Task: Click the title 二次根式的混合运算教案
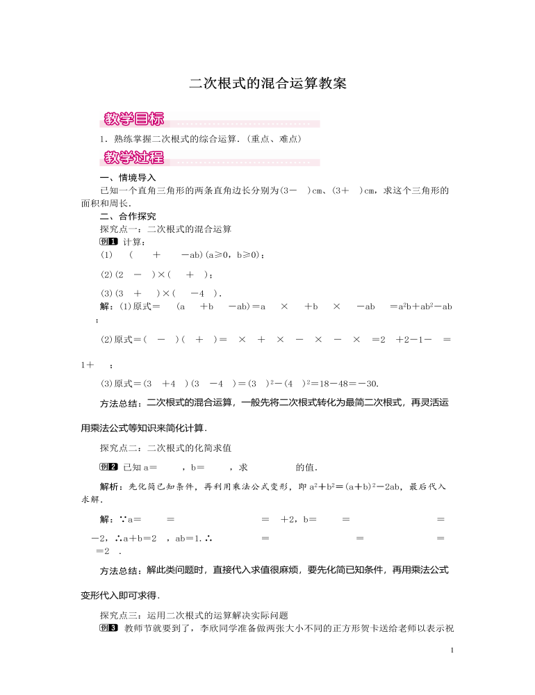tap(267, 83)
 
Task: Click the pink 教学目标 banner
tap(133, 118)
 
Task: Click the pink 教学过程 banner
tap(133, 158)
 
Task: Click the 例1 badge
tap(109, 242)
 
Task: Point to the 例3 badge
tap(110, 628)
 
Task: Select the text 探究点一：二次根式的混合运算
tap(166, 229)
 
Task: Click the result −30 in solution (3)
tap(368, 383)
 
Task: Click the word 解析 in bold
tap(110, 486)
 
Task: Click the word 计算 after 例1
tap(131, 242)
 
